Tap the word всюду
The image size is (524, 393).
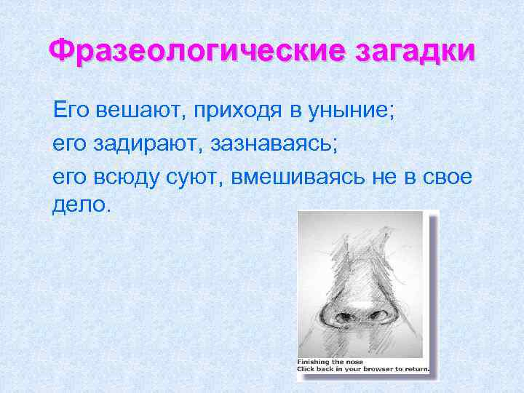tap(124, 177)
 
